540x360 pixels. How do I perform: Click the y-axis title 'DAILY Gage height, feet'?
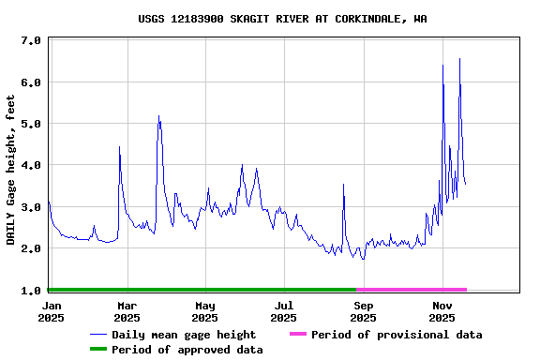click(11, 170)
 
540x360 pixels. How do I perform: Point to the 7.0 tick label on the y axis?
click(30, 41)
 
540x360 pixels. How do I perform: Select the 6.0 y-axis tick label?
click(30, 82)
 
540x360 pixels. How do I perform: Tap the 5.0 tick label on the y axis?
click(30, 124)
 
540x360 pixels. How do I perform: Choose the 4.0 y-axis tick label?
click(30, 166)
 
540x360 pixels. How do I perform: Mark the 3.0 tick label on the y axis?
click(30, 207)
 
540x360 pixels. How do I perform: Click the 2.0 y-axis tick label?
click(30, 248)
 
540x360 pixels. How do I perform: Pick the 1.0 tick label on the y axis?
click(30, 291)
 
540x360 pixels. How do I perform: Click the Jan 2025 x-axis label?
click(52, 311)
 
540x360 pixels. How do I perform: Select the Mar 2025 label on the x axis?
click(127, 311)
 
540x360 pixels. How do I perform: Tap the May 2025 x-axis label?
click(205, 311)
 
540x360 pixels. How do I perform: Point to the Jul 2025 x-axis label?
click(284, 311)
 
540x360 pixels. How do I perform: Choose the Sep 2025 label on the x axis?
click(364, 311)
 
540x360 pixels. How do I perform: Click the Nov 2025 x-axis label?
click(442, 311)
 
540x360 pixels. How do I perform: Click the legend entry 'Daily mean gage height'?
click(184, 335)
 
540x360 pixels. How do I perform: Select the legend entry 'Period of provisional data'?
click(397, 335)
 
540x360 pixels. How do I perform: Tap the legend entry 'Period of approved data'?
click(187, 350)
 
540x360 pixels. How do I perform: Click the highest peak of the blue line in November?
click(459, 59)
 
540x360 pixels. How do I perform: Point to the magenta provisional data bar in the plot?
click(411, 290)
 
